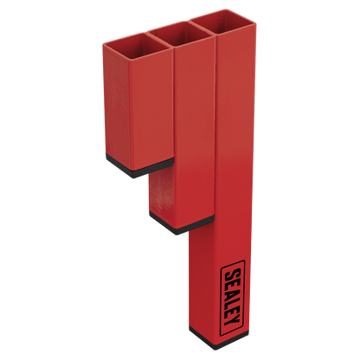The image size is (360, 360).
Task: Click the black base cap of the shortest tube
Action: (139, 165)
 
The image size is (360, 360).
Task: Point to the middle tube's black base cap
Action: (182, 223)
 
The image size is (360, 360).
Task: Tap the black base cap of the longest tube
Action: (219, 337)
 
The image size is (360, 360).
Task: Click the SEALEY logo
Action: (233, 298)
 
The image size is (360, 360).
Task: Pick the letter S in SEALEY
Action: (234, 274)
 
